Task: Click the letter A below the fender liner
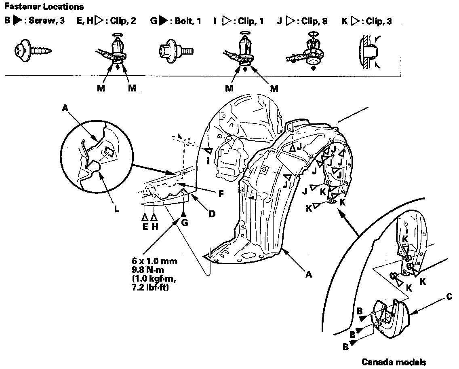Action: click(x=308, y=275)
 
